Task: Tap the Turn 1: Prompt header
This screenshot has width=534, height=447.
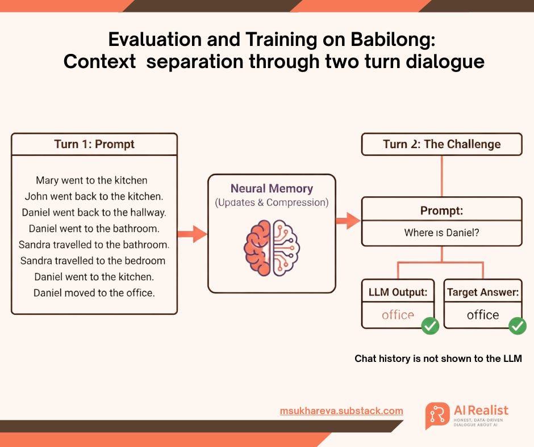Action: (94, 144)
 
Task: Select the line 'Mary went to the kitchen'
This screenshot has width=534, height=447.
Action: (91, 180)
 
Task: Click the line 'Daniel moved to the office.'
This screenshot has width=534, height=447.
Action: (94, 293)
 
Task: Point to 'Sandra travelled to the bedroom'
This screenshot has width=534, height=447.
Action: (93, 261)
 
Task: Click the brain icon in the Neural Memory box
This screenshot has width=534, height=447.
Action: (272, 247)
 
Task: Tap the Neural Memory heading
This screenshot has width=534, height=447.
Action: (272, 189)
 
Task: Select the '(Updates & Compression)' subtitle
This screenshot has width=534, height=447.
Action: (272, 203)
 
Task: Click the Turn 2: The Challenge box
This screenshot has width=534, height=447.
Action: (441, 144)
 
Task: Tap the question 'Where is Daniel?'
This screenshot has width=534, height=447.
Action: (441, 233)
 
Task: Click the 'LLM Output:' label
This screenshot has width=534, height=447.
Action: (398, 293)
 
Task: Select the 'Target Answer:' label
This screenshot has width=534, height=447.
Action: (482, 293)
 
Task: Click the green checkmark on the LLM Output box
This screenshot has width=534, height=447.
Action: (429, 326)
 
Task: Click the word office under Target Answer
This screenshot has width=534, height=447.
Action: (482, 315)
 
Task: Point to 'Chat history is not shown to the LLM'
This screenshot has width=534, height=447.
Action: (438, 359)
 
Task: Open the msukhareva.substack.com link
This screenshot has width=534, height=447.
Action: (341, 411)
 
